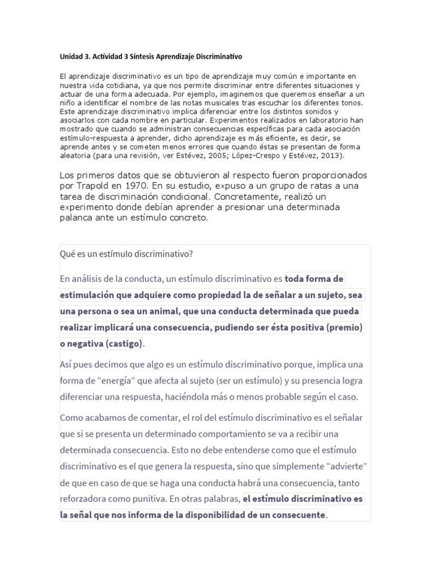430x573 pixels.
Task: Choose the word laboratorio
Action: (326, 120)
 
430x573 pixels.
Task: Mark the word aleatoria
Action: (76, 156)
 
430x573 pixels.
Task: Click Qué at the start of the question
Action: (67, 253)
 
